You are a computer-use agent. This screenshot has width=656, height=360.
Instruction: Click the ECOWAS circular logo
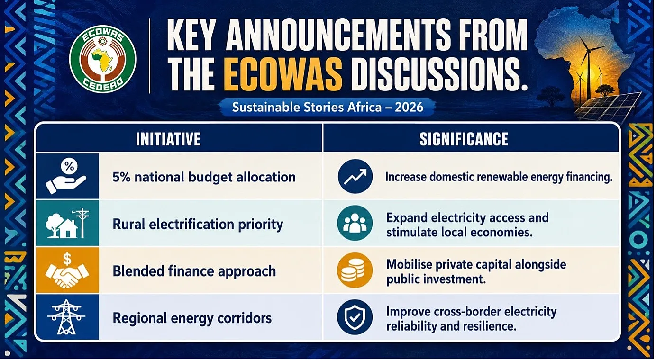click(103, 59)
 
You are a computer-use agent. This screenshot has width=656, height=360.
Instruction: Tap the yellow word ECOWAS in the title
click(284, 73)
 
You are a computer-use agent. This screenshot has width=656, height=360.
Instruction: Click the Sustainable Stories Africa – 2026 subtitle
click(328, 107)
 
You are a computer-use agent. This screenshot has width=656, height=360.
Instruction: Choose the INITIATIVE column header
click(168, 139)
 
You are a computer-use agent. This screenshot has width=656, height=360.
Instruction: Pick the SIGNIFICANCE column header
click(464, 139)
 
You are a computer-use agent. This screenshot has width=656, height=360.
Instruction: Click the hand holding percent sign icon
click(66, 176)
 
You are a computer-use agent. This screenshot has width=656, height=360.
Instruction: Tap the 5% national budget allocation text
click(204, 177)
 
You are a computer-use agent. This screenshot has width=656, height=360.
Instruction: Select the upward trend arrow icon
click(355, 177)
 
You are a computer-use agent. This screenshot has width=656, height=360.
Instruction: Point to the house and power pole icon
click(67, 223)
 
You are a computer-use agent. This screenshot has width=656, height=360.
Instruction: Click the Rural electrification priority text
click(198, 225)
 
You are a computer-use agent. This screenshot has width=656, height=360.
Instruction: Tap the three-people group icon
click(355, 223)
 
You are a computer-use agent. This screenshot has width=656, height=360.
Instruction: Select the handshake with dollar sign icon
click(67, 270)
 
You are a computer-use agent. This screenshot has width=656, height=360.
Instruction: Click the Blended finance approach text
click(194, 271)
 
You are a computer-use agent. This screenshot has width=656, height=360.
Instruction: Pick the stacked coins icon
click(355, 270)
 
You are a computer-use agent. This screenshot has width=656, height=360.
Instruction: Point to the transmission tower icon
click(66, 317)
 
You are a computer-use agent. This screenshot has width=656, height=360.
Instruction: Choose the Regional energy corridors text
click(192, 318)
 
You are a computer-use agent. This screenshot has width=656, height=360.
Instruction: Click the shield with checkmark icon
click(355, 317)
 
